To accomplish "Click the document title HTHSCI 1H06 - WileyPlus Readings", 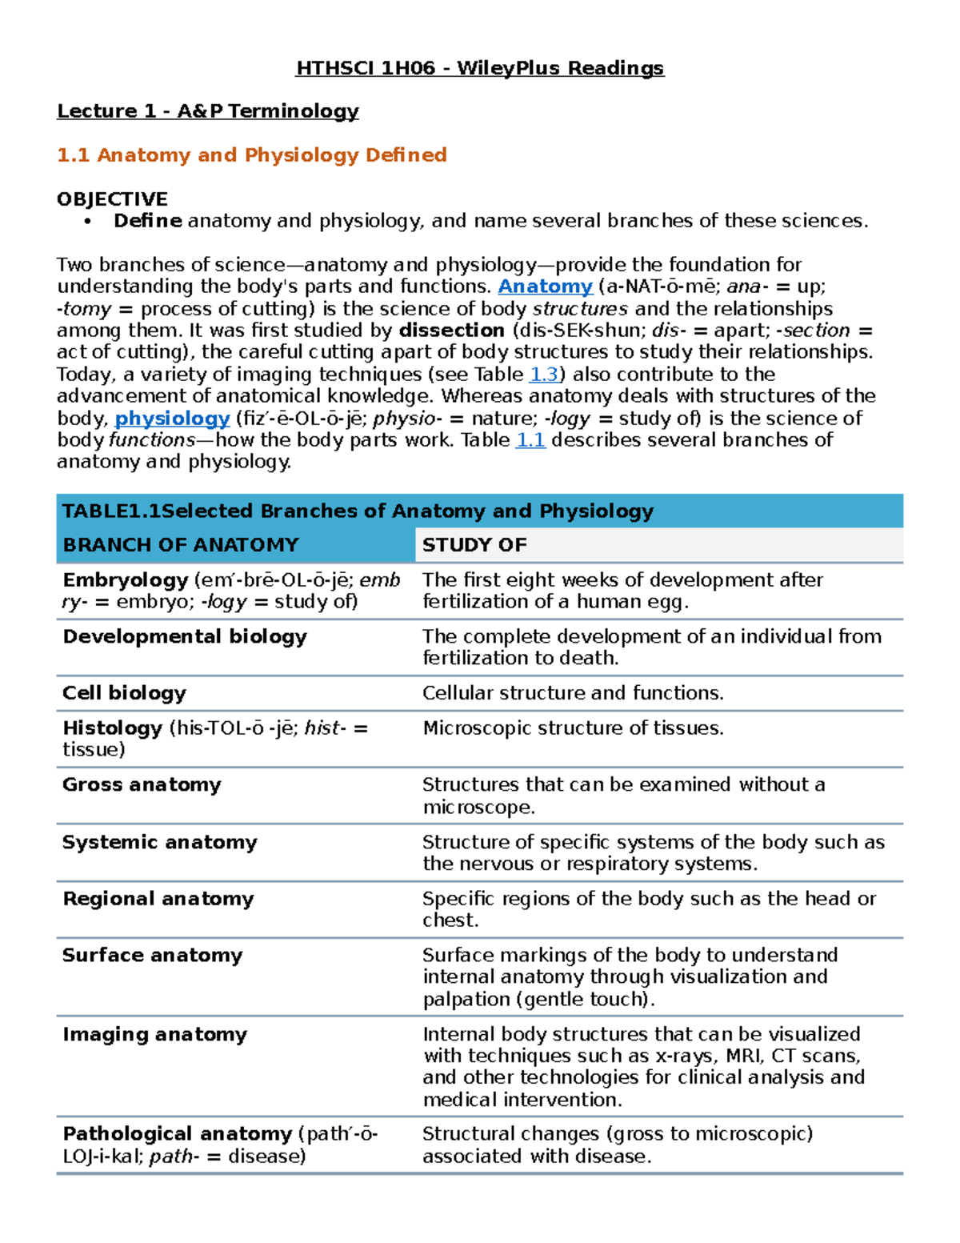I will [479, 68].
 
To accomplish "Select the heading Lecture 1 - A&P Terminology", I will [207, 111].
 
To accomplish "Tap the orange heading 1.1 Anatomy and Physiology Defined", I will [251, 155].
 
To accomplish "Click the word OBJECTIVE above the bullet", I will [112, 199].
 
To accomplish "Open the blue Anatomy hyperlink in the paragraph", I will [545, 287].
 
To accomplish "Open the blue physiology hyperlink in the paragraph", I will [172, 419].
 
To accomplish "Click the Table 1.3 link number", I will [544, 375].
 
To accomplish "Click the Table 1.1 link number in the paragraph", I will [530, 440].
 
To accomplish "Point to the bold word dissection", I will [451, 331].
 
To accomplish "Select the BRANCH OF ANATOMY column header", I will [181, 545].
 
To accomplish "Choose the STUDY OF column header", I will [474, 545].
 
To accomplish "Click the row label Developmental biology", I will [185, 637].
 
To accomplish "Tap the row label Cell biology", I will [124, 693].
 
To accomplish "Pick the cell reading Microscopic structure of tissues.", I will [573, 728].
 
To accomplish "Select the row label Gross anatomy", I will [142, 785].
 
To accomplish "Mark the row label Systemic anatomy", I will [160, 843].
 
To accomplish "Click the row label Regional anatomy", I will [158, 899].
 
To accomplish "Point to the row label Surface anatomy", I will [152, 956].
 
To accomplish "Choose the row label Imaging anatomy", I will [154, 1035].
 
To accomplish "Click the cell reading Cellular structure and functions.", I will [573, 693].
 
